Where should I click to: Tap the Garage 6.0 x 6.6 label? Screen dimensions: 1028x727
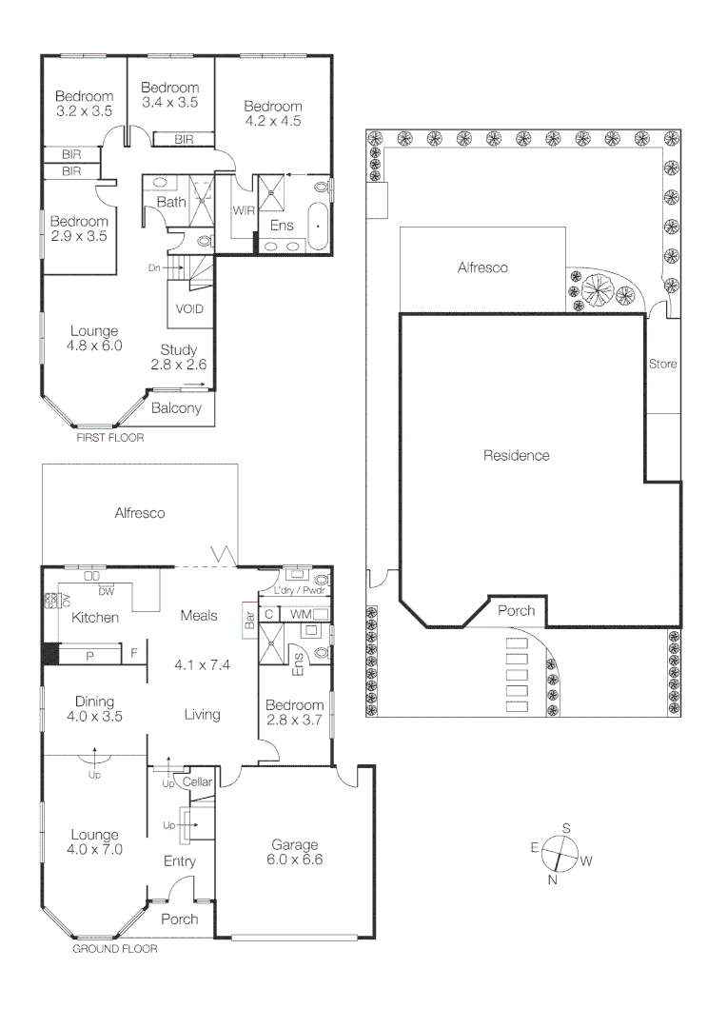(294, 852)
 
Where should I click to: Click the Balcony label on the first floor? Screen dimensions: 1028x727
(177, 408)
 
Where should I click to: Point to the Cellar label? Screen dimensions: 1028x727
(197, 781)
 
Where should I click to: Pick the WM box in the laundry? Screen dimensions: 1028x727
(301, 615)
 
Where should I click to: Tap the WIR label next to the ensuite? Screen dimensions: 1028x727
(243, 210)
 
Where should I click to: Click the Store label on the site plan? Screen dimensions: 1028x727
(662, 364)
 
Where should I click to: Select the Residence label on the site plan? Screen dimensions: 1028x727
(517, 455)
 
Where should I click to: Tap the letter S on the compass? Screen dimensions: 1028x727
(565, 828)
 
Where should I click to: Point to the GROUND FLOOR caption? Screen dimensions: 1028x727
(115, 948)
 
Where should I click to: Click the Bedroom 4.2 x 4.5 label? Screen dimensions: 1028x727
(272, 113)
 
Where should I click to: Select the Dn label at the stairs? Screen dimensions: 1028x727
(154, 268)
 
